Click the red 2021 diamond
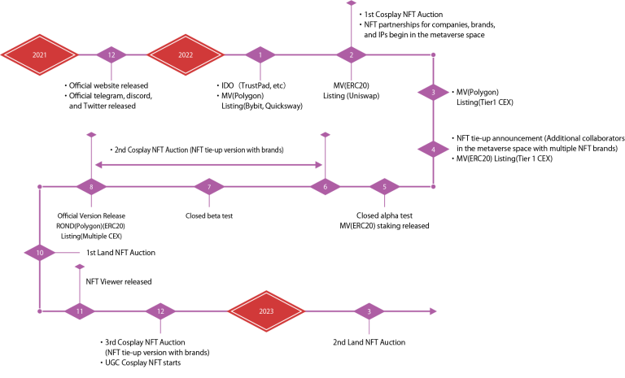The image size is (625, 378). tap(39, 54)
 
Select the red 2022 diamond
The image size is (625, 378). tap(186, 54)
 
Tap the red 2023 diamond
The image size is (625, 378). tap(266, 311)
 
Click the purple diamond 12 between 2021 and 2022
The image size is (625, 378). tap(111, 54)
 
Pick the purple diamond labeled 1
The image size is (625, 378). tap(260, 54)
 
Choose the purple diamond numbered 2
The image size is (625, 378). tap(352, 54)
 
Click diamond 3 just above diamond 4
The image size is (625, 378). tap(433, 93)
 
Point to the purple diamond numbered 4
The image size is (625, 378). tap(433, 150)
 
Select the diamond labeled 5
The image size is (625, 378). tap(385, 187)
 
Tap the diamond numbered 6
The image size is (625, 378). tap(326, 187)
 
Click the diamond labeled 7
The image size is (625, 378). tap(209, 187)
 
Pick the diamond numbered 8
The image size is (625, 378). tap(91, 187)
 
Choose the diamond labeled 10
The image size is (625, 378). tap(39, 253)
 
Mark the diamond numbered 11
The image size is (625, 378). tap(80, 311)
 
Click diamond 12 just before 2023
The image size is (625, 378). tap(160, 311)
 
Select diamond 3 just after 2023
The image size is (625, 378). tap(369, 311)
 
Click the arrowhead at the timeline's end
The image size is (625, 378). tap(433, 311)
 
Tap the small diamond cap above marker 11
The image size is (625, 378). tap(80, 266)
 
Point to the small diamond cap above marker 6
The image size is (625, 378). tap(326, 135)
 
